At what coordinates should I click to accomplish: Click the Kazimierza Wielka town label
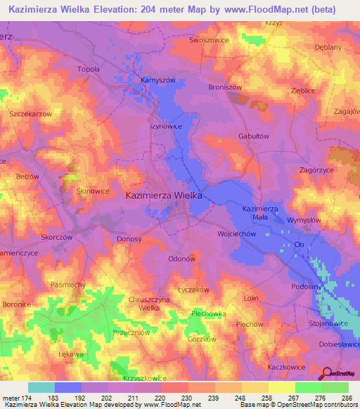pos(163,197)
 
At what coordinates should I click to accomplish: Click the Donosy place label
pos(129,239)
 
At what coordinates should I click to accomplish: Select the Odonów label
pos(181,259)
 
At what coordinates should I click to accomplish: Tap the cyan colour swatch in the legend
pos(41,387)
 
